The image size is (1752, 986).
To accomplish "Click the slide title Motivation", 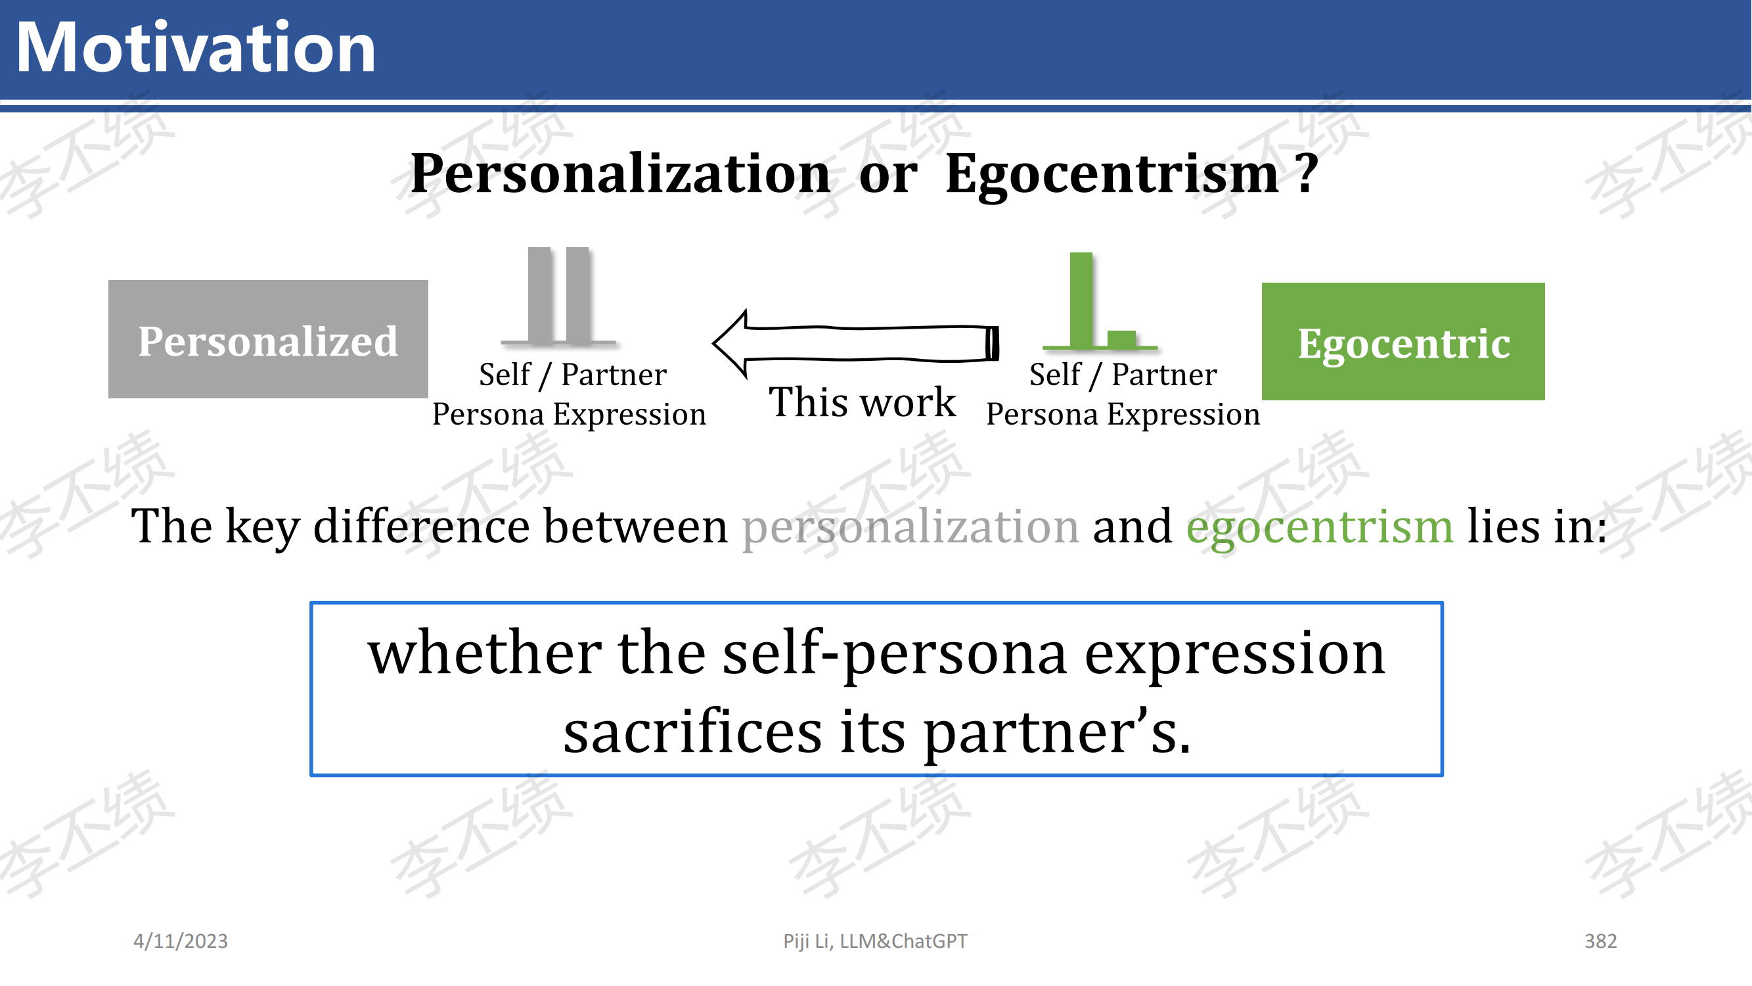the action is coord(196,47).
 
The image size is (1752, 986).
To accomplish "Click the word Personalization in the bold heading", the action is coord(620,175).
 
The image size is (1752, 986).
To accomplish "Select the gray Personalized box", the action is coord(268,339).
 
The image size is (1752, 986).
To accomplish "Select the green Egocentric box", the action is coord(1403,341).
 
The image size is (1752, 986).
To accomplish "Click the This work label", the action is coord(862,402).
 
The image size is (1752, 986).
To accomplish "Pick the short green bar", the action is coord(1121,339).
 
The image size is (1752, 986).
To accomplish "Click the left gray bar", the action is coord(539,294).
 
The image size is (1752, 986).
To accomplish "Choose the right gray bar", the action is coord(577,294).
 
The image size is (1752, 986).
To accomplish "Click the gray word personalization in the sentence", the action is coord(910,527).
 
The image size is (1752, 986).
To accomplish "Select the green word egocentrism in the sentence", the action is coord(1320,527).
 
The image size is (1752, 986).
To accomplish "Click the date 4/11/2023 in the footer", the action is coord(180,941).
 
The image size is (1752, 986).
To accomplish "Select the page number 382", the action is coord(1600,941).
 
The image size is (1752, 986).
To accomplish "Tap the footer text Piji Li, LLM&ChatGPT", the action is coord(874,941).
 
